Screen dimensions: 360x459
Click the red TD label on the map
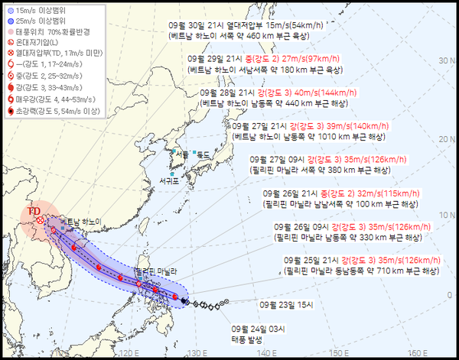pos(34,210)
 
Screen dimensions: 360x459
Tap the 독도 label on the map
pos(203,154)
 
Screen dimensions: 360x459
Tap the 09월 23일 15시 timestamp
pos(285,303)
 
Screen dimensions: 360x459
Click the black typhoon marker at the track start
pos(185,302)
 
